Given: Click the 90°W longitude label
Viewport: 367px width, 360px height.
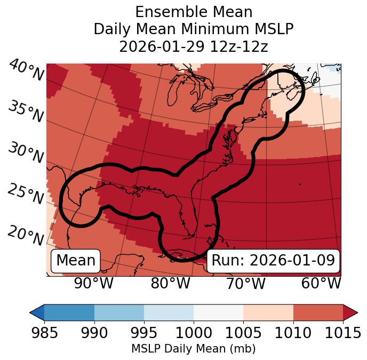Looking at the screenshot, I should pos(93,283).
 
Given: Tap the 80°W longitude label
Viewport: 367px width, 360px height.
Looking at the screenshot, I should pos(170,283).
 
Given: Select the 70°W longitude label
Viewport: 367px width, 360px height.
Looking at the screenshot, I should pos(245,283).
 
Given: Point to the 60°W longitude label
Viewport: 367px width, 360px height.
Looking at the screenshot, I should pos(321,283).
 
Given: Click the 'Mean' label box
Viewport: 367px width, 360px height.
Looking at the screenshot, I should pos(76,261).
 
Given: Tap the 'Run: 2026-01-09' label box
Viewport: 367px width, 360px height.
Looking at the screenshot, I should pos(273,261).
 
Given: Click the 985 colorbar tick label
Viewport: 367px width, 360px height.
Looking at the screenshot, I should pos(44,333).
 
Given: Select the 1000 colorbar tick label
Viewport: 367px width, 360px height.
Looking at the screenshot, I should pos(194,333).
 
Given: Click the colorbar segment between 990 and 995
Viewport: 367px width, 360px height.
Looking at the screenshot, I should pos(119,312).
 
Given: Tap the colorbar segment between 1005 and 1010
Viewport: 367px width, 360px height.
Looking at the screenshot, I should pos(268,312).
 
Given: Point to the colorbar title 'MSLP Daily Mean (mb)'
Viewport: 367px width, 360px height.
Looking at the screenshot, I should pos(194,349).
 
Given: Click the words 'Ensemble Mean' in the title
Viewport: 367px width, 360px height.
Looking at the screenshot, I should pos(194,12).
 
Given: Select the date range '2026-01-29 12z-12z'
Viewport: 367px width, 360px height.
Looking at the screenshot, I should pos(194,46).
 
